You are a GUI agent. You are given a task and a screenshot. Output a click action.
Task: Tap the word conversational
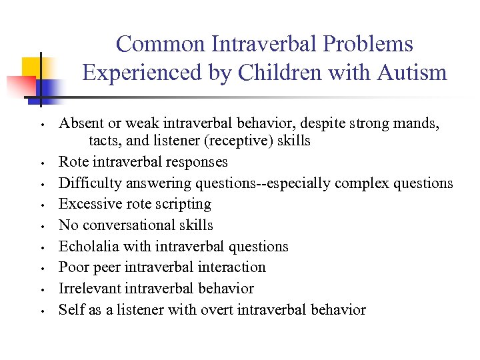click(127, 225)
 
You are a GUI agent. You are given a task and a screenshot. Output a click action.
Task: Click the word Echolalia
click(87, 247)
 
